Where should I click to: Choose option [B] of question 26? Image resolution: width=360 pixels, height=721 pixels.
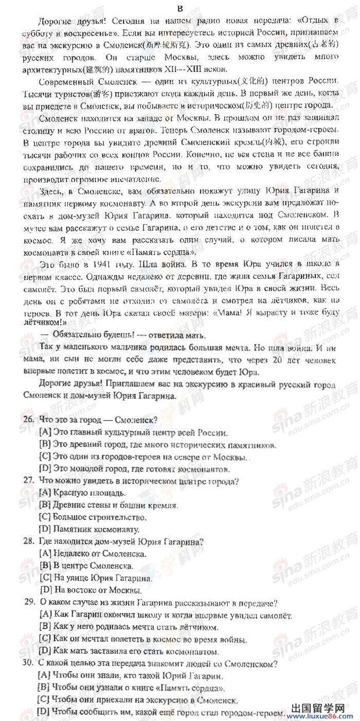tap(45, 444)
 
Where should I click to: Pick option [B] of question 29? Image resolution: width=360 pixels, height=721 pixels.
tap(45, 626)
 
